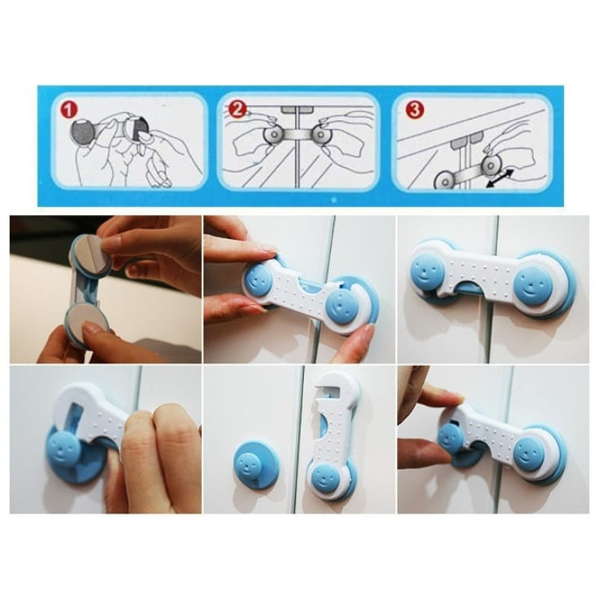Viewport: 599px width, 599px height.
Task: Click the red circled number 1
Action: coord(69,110)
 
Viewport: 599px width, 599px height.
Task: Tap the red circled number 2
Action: coord(237,110)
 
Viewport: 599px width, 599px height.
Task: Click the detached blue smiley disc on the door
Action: coord(256,463)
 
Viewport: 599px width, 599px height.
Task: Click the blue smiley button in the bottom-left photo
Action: coord(64,446)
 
